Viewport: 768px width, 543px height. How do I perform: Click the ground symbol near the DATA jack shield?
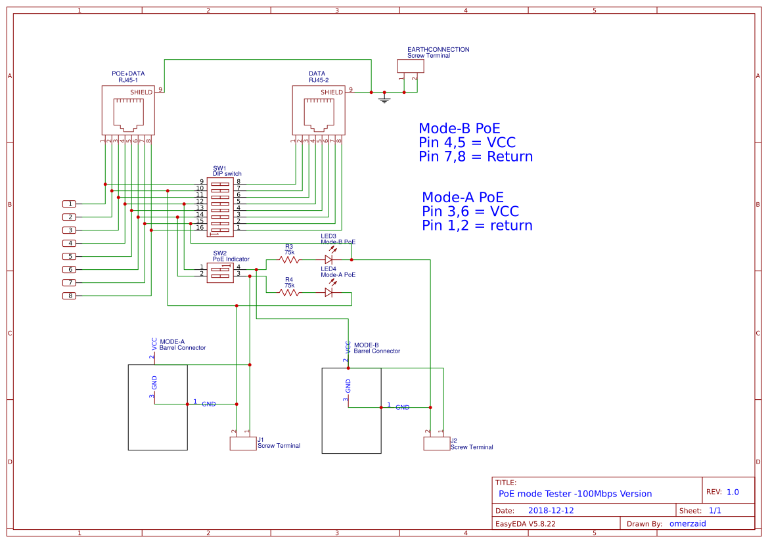click(x=385, y=99)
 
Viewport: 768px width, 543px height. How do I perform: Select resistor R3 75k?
click(x=289, y=260)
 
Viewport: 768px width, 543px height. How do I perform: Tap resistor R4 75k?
click(x=289, y=292)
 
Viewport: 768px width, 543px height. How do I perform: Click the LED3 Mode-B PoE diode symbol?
click(x=329, y=259)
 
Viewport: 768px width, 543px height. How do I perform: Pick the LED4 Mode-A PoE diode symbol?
click(x=329, y=292)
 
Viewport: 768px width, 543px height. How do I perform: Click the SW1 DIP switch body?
click(x=219, y=207)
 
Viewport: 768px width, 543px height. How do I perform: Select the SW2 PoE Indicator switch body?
click(x=219, y=273)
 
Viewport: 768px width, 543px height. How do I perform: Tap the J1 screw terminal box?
click(x=242, y=445)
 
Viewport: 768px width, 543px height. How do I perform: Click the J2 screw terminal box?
click(x=436, y=444)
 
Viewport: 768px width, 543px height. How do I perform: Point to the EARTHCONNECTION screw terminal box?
click(x=410, y=66)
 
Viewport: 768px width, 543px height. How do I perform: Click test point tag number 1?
click(x=69, y=204)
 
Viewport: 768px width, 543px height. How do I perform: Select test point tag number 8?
click(x=69, y=296)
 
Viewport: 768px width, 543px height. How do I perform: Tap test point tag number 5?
click(x=69, y=256)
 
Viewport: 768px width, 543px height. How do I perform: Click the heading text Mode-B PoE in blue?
click(x=459, y=129)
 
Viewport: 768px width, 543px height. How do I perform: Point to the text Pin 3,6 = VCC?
click(x=470, y=211)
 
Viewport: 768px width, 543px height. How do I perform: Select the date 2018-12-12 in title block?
click(x=551, y=510)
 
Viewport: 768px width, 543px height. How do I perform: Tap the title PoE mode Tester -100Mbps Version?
click(x=575, y=494)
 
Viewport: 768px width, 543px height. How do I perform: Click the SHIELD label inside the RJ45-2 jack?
click(x=331, y=93)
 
